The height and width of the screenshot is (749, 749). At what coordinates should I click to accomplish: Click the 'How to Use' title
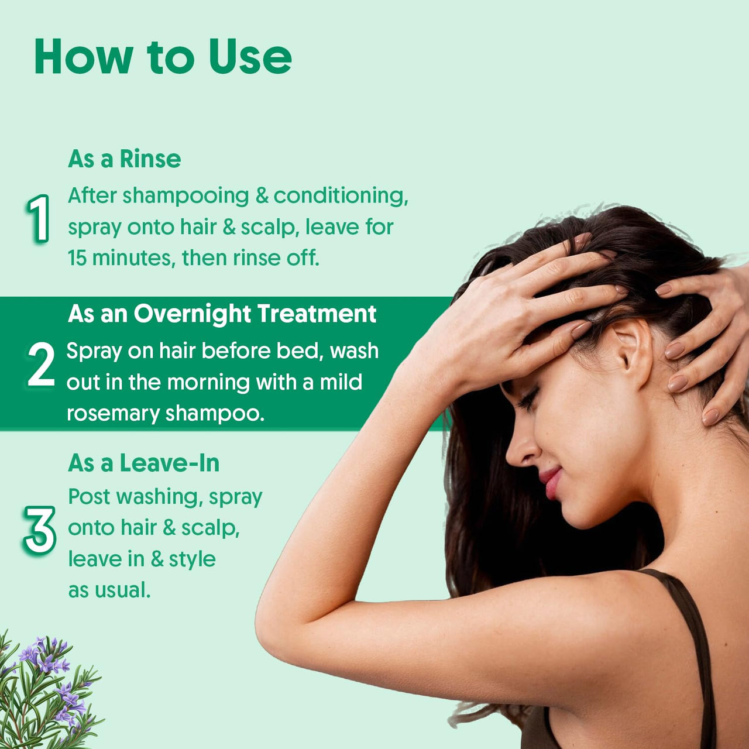coord(163,57)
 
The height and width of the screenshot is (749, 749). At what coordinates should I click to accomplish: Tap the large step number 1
coord(39,219)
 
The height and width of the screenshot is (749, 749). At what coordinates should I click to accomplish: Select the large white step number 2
coord(41,365)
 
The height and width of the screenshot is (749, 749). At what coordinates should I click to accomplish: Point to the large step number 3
coord(40,530)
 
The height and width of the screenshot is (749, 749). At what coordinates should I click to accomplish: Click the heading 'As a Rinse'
coord(124,159)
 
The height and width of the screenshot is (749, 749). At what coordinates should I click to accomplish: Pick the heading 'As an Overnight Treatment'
coord(222,314)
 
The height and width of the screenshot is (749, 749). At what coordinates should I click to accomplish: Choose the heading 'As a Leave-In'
coord(143,463)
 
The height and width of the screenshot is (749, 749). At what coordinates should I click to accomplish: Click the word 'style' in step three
coord(192,559)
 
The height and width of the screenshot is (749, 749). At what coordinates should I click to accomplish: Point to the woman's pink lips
coord(552,483)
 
